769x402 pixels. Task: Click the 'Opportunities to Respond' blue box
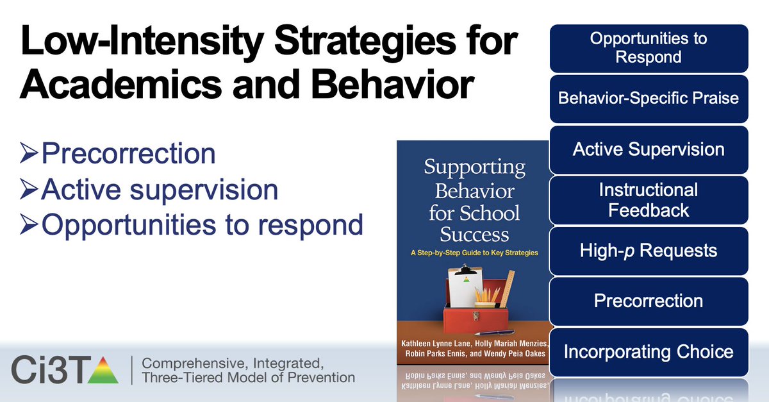[649, 48]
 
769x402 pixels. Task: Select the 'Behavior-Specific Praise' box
[649, 99]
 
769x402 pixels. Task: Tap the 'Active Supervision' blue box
[649, 149]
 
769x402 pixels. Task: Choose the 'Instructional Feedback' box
[649, 200]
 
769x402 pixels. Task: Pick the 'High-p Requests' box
[649, 251]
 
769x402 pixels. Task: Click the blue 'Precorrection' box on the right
[649, 301]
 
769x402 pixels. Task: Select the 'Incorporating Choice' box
[649, 352]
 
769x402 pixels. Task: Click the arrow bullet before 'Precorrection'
[29, 153]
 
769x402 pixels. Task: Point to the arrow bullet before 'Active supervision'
[29, 189]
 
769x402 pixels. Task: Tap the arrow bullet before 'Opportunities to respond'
[29, 224]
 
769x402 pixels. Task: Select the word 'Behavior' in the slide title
[392, 84]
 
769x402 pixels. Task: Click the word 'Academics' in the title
[121, 84]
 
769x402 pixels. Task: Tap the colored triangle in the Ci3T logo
[103, 371]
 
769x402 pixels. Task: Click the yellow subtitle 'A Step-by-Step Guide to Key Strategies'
[474, 253]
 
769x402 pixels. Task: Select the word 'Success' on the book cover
[474, 235]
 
